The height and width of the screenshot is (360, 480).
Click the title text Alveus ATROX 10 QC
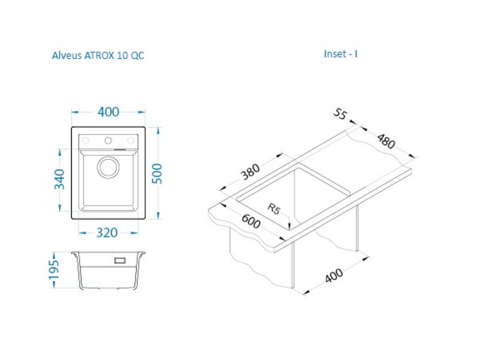(x=98, y=55)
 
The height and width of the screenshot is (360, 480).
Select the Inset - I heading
(x=340, y=54)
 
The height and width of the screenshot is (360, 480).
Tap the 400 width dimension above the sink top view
(x=109, y=112)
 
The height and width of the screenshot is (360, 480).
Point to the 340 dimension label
(x=59, y=179)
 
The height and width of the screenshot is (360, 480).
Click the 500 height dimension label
(x=157, y=173)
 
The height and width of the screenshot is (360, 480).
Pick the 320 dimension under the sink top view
(x=107, y=233)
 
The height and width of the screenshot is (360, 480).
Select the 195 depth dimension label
(x=53, y=269)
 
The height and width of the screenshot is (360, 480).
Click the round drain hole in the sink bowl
(x=109, y=167)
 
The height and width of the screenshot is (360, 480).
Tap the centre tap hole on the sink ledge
(x=108, y=140)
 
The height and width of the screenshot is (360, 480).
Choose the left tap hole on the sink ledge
(x=85, y=140)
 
